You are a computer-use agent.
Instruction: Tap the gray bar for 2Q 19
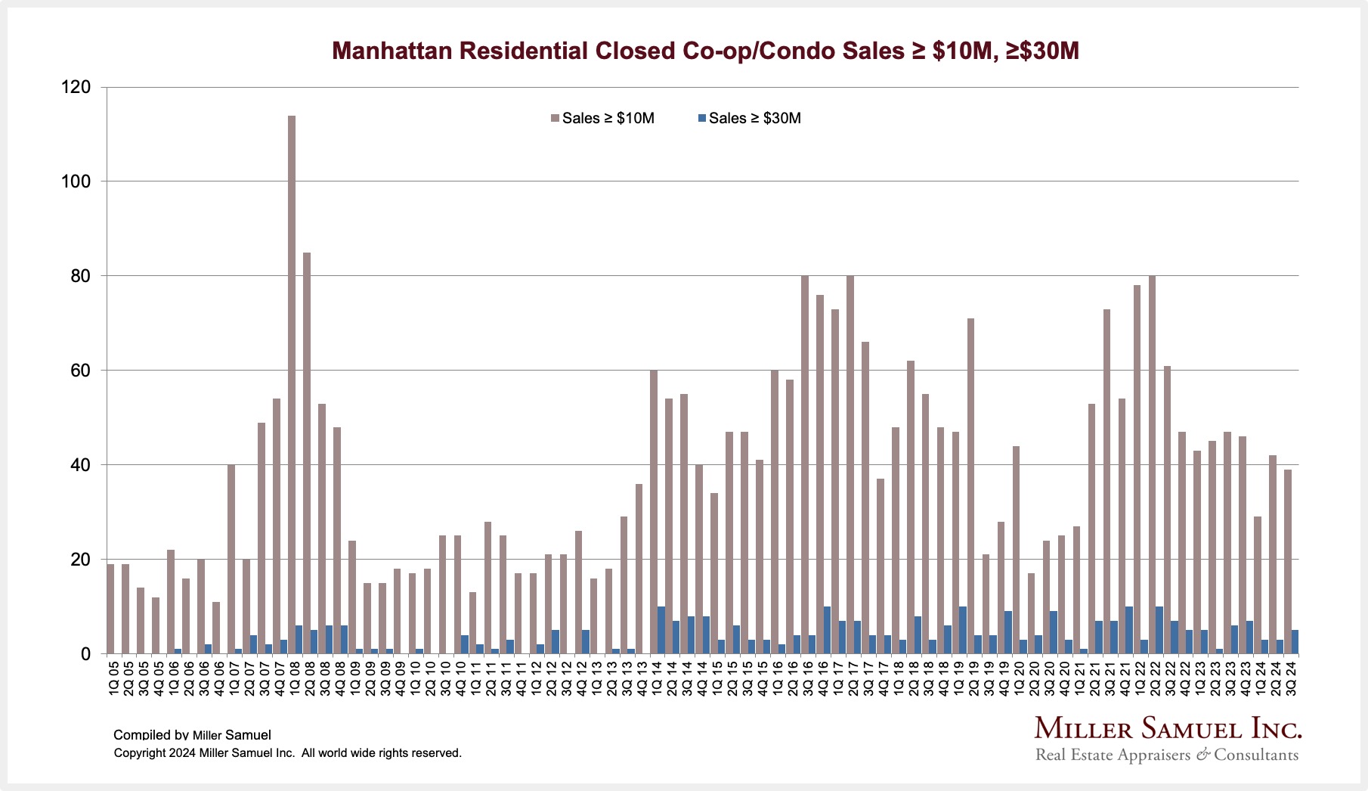click(x=970, y=485)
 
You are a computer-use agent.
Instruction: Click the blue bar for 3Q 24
click(x=1295, y=642)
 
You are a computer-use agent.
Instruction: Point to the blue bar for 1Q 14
click(x=661, y=630)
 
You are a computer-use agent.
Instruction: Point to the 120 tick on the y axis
click(x=76, y=88)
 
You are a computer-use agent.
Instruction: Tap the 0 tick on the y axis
click(x=85, y=654)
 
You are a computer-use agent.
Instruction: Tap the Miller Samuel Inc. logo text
click(x=1168, y=729)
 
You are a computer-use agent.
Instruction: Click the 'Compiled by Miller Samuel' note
click(x=192, y=735)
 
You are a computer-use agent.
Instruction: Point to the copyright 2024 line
click(x=287, y=753)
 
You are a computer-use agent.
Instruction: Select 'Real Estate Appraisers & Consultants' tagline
click(x=1167, y=755)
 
